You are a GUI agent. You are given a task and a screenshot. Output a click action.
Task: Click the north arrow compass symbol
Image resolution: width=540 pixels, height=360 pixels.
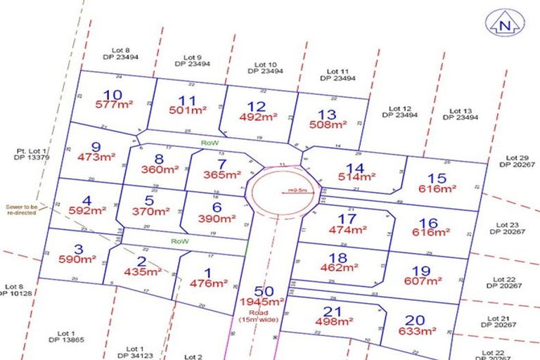click(504, 24)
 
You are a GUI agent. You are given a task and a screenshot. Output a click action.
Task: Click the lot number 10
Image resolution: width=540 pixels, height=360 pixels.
click(112, 95)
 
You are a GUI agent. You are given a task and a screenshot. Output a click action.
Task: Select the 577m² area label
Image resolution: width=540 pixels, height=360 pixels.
click(113, 105)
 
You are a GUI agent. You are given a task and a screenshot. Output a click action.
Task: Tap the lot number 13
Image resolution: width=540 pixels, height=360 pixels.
click(327, 115)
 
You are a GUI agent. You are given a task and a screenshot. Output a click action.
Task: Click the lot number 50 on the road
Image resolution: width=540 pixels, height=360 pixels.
click(264, 291)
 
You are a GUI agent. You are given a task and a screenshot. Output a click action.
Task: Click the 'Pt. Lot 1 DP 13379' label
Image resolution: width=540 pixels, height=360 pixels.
click(32, 154)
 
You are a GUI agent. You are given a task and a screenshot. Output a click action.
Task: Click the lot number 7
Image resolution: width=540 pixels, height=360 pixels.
click(222, 164)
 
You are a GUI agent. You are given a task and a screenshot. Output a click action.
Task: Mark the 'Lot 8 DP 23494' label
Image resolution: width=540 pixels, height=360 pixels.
click(122, 53)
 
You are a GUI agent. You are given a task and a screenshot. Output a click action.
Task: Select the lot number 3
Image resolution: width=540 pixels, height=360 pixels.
click(79, 249)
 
